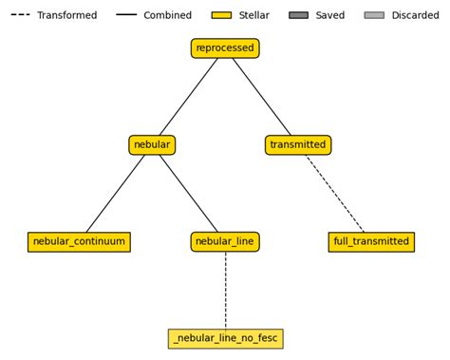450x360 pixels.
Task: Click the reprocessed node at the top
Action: (x=225, y=48)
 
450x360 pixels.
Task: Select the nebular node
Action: (x=152, y=145)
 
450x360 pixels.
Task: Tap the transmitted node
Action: (x=298, y=145)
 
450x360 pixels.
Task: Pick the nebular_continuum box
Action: (x=79, y=242)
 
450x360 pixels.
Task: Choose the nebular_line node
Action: (x=225, y=242)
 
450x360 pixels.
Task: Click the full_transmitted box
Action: (x=371, y=242)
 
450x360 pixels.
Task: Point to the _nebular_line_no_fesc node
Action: (x=225, y=339)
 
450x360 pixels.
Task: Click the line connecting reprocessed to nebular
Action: (x=188, y=97)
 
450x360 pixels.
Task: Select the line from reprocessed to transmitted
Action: (x=262, y=97)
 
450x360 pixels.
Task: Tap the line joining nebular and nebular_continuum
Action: (x=116, y=194)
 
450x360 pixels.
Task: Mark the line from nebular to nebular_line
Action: (x=188, y=194)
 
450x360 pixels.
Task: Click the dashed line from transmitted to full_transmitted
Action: (x=335, y=194)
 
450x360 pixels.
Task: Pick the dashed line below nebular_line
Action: (x=225, y=291)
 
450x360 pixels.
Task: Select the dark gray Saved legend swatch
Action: (x=299, y=15)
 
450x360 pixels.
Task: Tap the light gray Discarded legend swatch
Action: (x=374, y=15)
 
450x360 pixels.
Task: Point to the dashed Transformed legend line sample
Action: (x=20, y=15)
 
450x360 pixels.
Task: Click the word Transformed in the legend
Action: (x=66, y=15)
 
